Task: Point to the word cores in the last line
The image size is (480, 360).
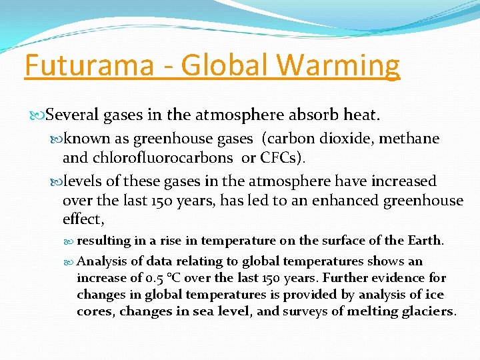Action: [95, 311]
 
